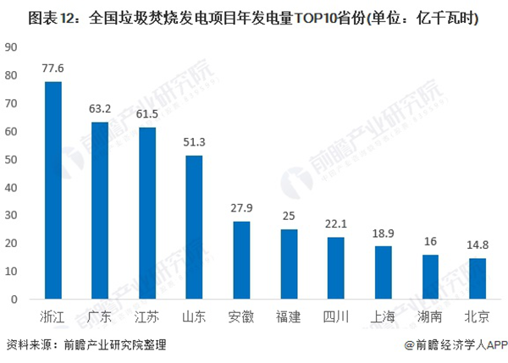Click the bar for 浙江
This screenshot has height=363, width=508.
tap(53, 190)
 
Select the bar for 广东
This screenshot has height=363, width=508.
tap(100, 211)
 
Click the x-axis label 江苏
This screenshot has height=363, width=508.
tap(147, 317)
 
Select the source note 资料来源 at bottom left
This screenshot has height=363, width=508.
tap(30, 345)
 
